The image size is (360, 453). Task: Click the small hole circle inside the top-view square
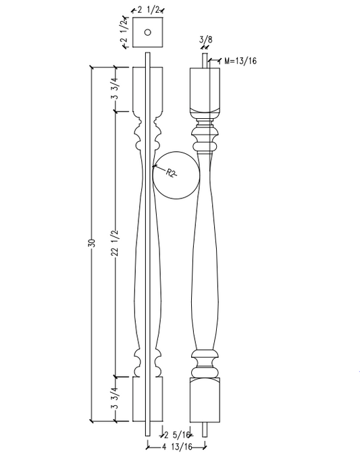click(x=148, y=32)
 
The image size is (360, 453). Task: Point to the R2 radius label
click(x=172, y=174)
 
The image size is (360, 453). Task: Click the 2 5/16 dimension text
click(x=177, y=435)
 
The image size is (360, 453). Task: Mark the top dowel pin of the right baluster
click(x=205, y=61)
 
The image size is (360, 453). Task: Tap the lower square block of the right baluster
click(x=205, y=400)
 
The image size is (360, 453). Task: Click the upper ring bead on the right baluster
click(x=205, y=144)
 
